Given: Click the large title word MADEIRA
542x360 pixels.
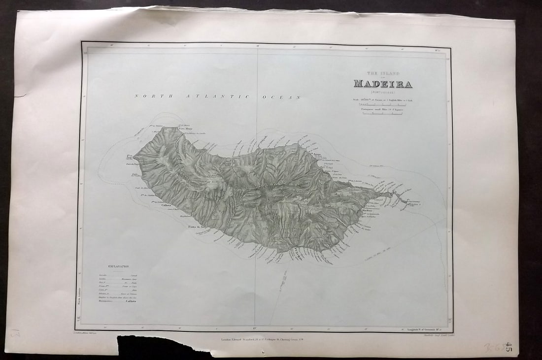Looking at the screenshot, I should tap(383, 84).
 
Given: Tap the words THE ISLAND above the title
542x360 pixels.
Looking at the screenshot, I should tap(383, 73).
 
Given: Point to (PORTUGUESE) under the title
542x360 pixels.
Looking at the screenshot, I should tap(383, 92).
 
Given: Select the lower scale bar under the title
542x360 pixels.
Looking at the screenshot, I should tap(382, 114).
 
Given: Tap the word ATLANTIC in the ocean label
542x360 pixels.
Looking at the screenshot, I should tap(216, 97).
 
